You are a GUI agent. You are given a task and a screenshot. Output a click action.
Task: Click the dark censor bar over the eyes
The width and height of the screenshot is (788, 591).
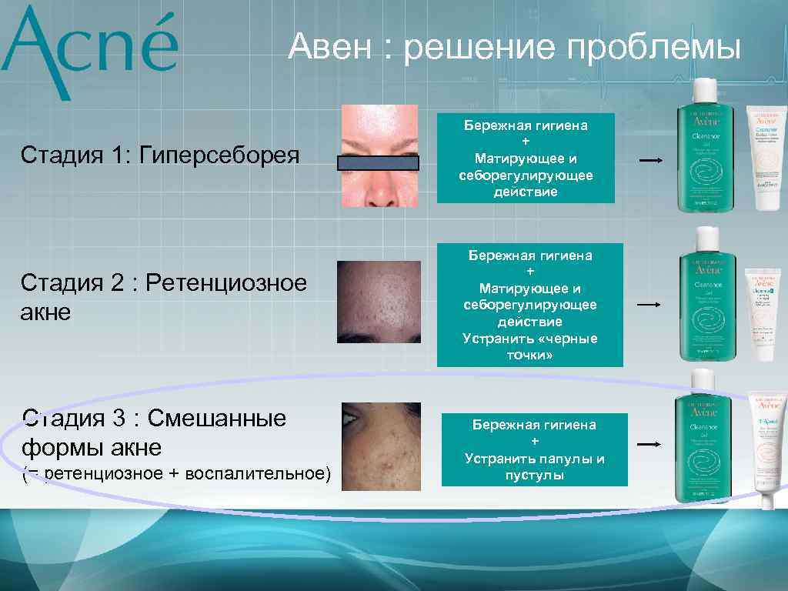click(x=378, y=162)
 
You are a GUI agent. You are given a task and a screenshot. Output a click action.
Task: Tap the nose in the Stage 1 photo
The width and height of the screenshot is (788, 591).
click(x=379, y=190)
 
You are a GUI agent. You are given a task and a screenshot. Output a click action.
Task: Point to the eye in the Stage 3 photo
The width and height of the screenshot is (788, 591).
click(x=352, y=420)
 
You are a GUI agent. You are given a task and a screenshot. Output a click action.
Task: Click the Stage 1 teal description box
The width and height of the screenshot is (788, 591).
click(x=526, y=158)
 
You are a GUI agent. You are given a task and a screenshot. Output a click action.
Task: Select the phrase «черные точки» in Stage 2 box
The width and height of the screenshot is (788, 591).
click(x=529, y=346)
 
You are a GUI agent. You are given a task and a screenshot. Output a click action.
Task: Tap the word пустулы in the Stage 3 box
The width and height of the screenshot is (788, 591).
click(x=534, y=476)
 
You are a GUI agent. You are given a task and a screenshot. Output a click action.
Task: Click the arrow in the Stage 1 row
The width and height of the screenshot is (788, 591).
click(x=650, y=161)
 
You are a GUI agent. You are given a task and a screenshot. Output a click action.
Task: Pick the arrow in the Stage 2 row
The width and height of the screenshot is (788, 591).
click(x=649, y=305)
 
